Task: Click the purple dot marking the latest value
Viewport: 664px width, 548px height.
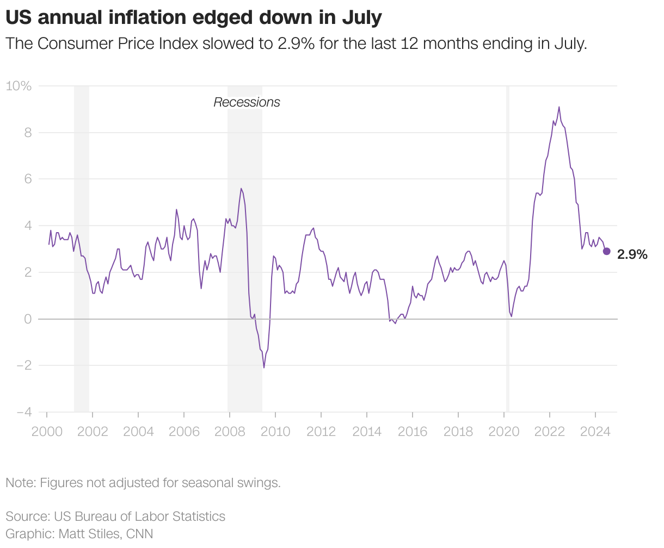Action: coord(607,251)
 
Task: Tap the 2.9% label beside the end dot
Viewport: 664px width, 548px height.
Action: coord(632,254)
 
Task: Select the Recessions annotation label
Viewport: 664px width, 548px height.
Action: coord(247,102)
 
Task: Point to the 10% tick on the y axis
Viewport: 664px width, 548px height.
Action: coord(19,86)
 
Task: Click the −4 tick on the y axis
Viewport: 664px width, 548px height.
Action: coord(24,412)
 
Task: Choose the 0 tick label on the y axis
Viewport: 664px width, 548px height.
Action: coord(28,319)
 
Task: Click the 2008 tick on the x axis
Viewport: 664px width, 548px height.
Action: coord(230,432)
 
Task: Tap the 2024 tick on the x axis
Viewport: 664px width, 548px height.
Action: coord(595,432)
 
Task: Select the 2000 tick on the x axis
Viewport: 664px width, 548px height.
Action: coord(47,432)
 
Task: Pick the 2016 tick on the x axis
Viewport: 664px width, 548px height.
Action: coord(413,432)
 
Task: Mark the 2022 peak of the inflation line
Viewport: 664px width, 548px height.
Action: coord(559,107)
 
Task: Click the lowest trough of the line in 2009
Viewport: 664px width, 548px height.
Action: coord(264,368)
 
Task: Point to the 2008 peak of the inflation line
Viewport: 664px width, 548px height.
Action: coord(241,189)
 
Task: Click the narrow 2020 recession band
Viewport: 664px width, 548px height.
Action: coord(508,245)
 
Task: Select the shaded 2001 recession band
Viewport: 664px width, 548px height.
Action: coord(82,245)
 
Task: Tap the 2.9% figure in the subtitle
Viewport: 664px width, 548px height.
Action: coord(296,44)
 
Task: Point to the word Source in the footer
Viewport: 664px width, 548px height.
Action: coord(26,516)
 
